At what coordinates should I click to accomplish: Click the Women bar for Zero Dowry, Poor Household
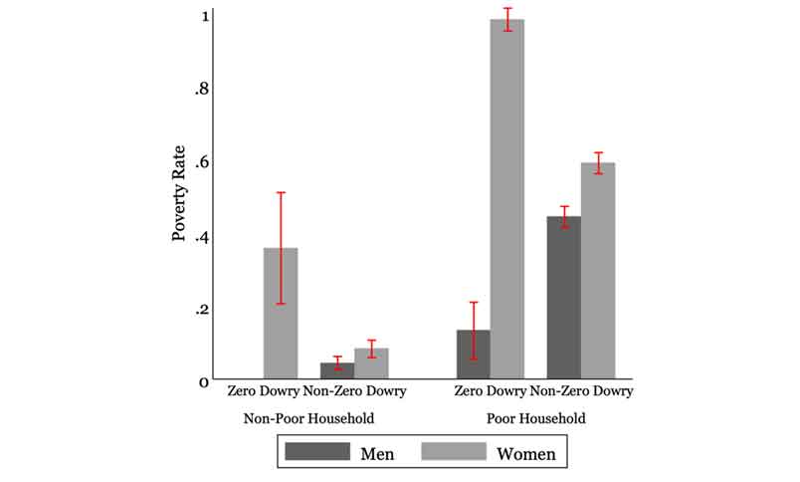pos(507,199)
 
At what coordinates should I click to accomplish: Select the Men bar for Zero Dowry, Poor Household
pos(474,355)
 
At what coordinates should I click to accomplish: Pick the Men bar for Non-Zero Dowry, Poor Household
pos(564,298)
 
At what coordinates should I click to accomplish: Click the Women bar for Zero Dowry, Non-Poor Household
pos(282,313)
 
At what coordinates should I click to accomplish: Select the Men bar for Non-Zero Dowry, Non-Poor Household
pos(337,370)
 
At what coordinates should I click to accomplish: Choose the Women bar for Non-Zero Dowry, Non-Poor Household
pos(371,363)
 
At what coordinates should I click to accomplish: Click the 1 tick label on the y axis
pos(204,17)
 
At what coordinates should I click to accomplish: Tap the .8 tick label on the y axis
pos(201,90)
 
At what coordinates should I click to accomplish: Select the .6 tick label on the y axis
pos(201,163)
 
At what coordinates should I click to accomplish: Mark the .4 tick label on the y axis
pos(201,237)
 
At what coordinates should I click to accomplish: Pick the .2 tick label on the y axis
pos(201,310)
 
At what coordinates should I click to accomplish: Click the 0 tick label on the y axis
pos(204,382)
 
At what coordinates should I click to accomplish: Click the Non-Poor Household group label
pos(308,418)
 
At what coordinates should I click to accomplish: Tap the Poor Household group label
pos(537,418)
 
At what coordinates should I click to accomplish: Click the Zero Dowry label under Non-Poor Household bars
pos(263,392)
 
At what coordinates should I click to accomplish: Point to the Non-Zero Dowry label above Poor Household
pos(582,392)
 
